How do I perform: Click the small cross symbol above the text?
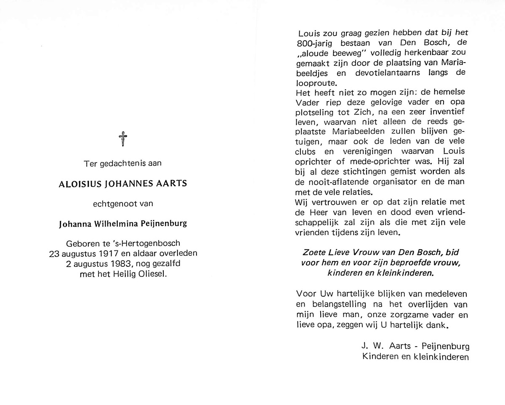123,139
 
